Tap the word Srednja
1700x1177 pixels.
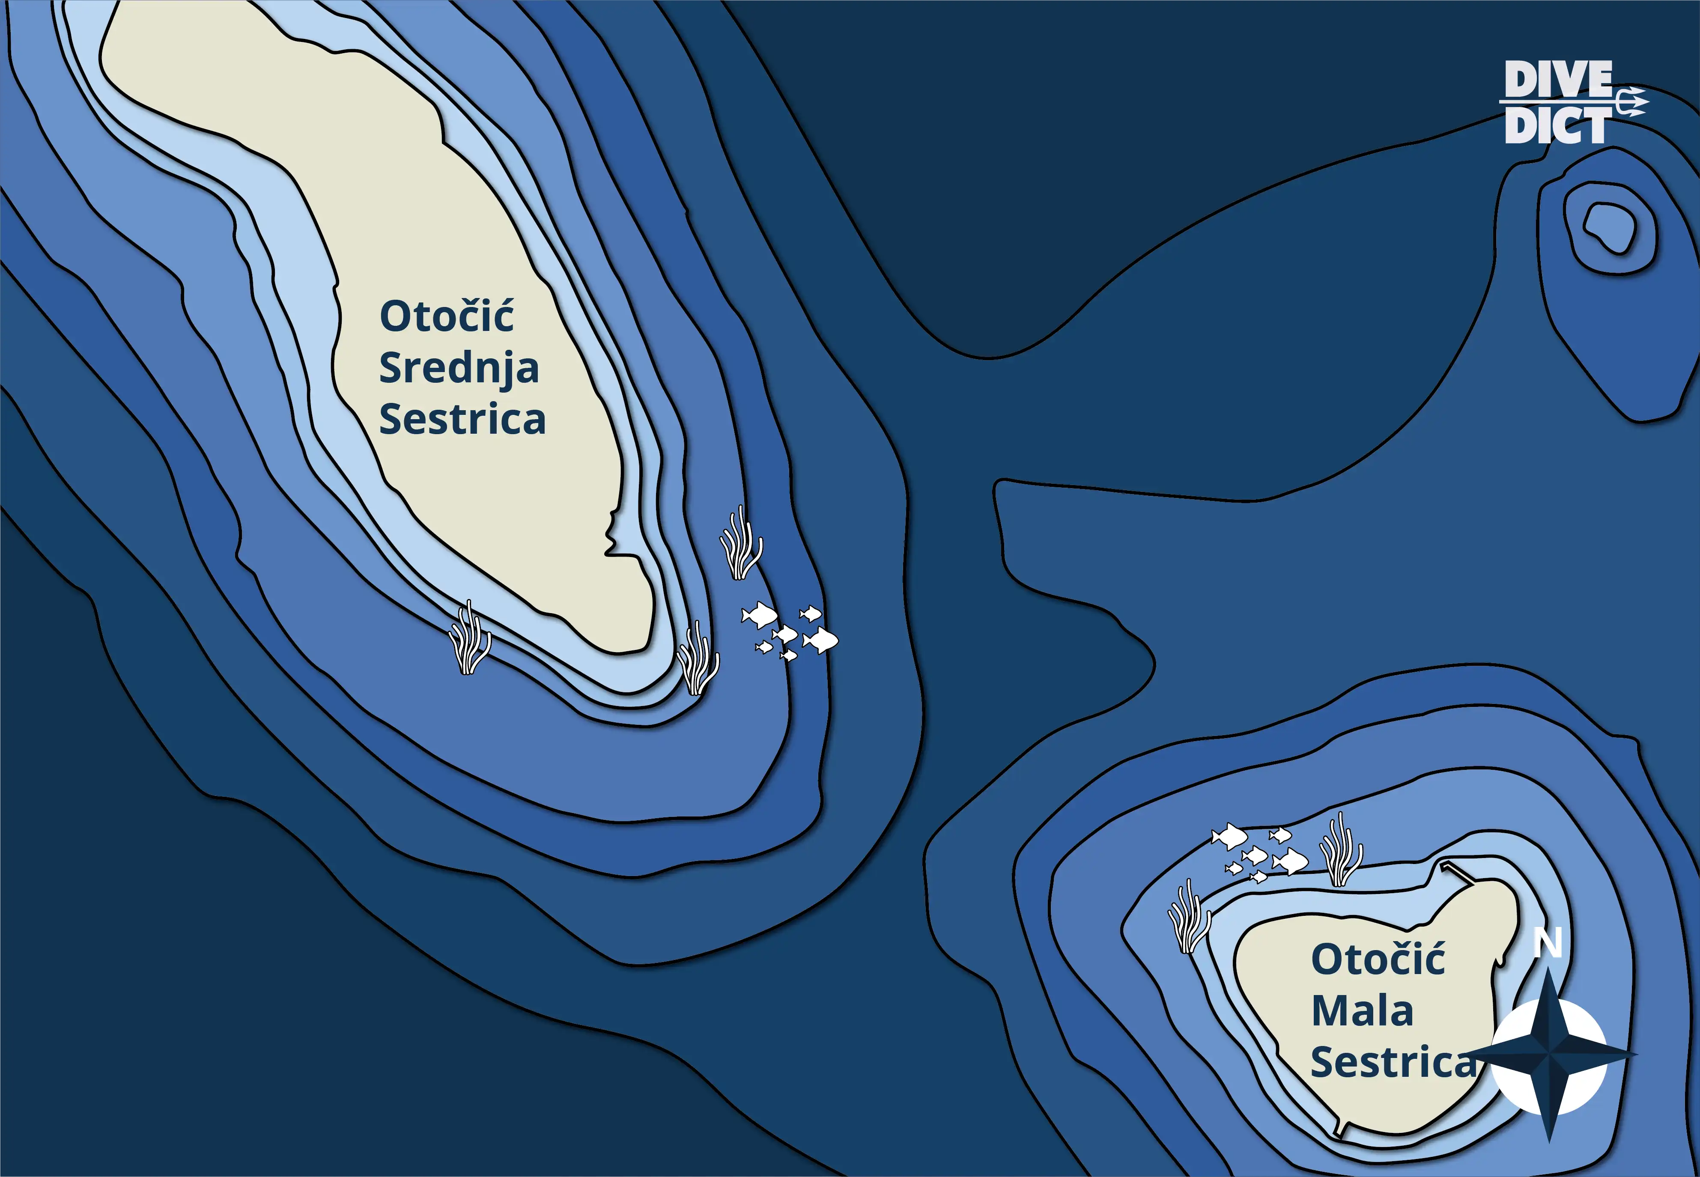[459, 368]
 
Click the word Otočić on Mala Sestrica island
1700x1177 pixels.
[1378, 959]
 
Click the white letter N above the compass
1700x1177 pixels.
[1548, 942]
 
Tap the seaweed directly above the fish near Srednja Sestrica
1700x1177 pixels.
[740, 543]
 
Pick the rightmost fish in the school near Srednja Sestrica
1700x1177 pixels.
[820, 641]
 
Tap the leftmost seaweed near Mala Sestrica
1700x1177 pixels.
[1189, 916]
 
